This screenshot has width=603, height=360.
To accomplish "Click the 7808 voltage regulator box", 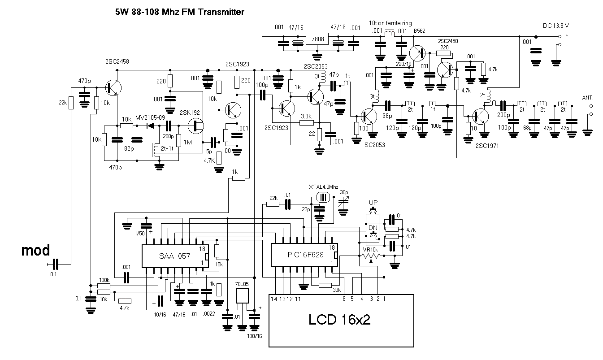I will (317, 39).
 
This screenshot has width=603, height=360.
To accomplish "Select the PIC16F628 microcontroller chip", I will (304, 256).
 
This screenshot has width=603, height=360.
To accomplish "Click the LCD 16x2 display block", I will (341, 320).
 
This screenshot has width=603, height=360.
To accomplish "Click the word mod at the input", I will (36, 250).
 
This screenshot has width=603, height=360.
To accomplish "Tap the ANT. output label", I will (588, 98).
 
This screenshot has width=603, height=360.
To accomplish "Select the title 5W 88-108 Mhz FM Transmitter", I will (180, 13).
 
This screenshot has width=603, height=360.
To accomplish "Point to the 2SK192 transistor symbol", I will (196, 126).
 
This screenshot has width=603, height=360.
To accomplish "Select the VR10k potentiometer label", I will (370, 249).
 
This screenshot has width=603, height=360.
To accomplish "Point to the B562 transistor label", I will (419, 31).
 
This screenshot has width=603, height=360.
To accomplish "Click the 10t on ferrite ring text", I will (390, 23).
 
